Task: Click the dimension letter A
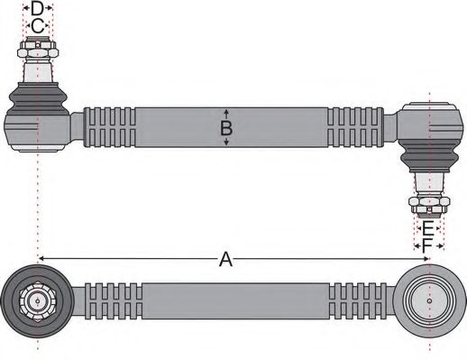click(x=226, y=260)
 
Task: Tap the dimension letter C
click(x=37, y=26)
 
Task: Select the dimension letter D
click(x=37, y=9)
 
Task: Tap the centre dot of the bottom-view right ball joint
click(x=430, y=300)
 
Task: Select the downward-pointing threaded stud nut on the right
click(x=429, y=203)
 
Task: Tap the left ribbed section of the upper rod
click(x=110, y=127)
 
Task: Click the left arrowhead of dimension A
click(x=42, y=260)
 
